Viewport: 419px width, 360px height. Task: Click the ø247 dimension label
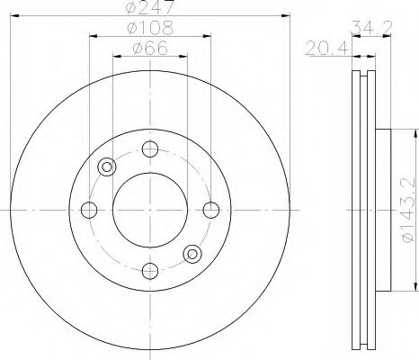pyautogui.click(x=149, y=7)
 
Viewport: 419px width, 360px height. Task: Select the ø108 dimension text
pyautogui.click(x=150, y=28)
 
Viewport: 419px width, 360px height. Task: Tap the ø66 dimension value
pyautogui.click(x=150, y=48)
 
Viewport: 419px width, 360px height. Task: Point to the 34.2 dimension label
pyautogui.click(x=371, y=28)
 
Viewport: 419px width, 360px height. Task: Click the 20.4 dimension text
pyautogui.click(x=326, y=49)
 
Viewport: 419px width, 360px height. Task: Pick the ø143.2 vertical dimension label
pyautogui.click(x=409, y=209)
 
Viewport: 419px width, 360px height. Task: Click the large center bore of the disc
pyautogui.click(x=150, y=210)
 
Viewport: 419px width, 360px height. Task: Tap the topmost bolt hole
pyautogui.click(x=150, y=148)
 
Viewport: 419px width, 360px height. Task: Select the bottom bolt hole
pyautogui.click(x=150, y=271)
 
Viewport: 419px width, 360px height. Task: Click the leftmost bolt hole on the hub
pyautogui.click(x=89, y=210)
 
